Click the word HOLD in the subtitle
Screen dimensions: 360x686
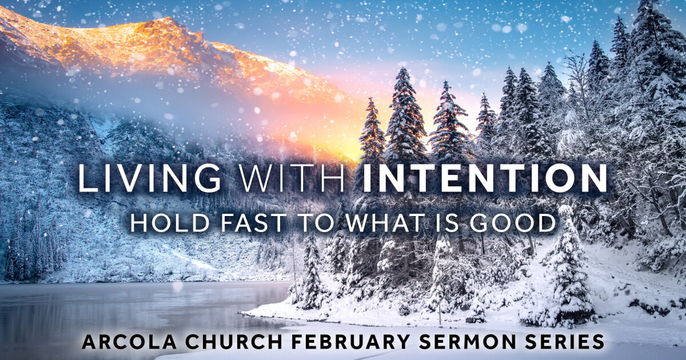[x=166, y=223]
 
